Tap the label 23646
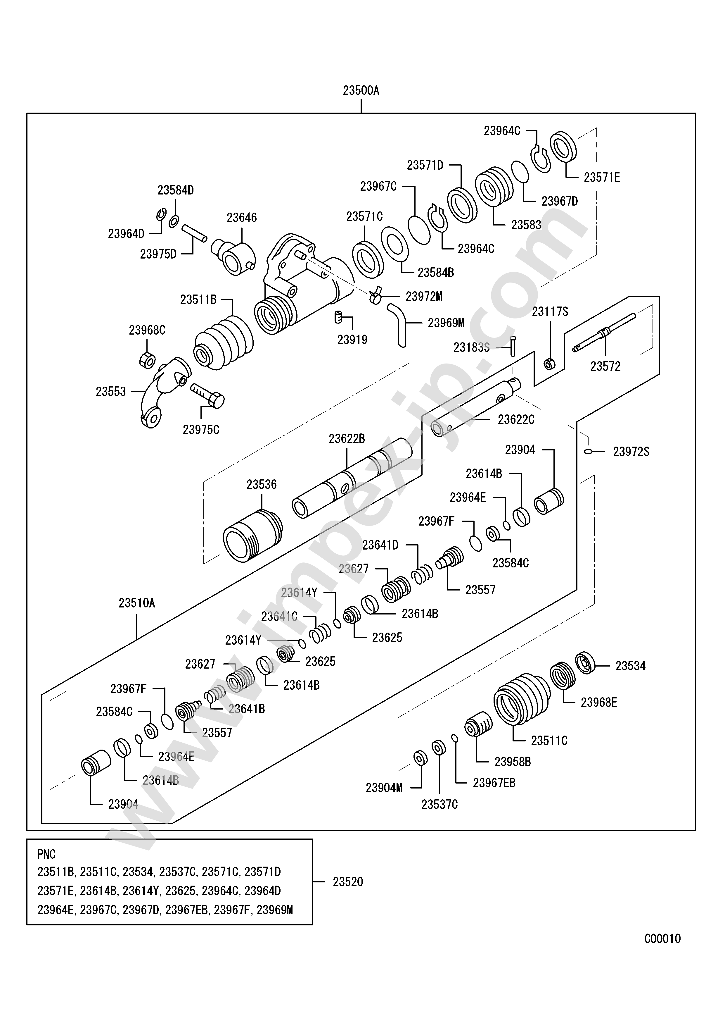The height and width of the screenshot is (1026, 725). (241, 218)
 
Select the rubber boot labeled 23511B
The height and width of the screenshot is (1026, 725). (223, 343)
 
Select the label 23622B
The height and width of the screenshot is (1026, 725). (347, 439)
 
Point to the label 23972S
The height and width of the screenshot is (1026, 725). (631, 452)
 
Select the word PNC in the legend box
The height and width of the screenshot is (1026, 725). (46, 854)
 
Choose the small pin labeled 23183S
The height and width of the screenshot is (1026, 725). (513, 346)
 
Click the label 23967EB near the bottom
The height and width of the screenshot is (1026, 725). (494, 783)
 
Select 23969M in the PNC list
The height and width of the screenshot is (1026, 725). (275, 910)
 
